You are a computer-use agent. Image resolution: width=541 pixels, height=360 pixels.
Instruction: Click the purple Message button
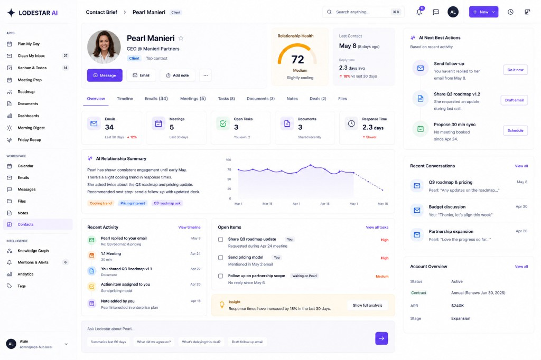pyautogui.click(x=105, y=75)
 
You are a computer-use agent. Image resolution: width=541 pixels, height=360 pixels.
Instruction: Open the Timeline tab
pyautogui.click(x=125, y=99)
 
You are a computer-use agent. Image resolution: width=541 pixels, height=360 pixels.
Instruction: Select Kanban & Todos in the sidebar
pyautogui.click(x=32, y=68)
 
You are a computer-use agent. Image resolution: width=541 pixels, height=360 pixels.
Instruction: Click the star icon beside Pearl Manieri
pyautogui.click(x=181, y=39)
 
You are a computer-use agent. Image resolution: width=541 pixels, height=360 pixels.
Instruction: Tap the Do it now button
pyautogui.click(x=515, y=70)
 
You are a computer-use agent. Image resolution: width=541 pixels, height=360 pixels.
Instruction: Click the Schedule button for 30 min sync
pyautogui.click(x=515, y=131)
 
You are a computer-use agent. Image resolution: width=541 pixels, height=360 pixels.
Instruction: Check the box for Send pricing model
pyautogui.click(x=220, y=258)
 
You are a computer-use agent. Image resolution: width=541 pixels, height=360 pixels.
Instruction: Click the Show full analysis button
pyautogui.click(x=368, y=306)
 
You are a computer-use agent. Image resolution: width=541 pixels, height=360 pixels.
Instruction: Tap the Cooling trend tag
pyautogui.click(x=101, y=203)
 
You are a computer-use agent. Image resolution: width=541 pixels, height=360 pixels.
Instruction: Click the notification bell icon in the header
pyautogui.click(x=419, y=12)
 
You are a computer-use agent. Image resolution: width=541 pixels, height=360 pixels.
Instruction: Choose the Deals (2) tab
pyautogui.click(x=318, y=99)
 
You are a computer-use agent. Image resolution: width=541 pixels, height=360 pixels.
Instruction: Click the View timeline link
pyautogui.click(x=190, y=227)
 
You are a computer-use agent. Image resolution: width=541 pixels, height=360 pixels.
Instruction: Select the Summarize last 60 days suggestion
pyautogui.click(x=108, y=342)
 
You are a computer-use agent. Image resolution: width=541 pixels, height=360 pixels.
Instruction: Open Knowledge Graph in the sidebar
pyautogui.click(x=33, y=251)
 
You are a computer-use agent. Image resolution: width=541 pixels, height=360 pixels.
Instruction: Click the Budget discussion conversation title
pyautogui.click(x=447, y=207)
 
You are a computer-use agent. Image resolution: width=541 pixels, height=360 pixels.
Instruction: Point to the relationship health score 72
pyautogui.click(x=297, y=60)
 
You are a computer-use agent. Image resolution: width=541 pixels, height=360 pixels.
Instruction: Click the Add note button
pyautogui.click(x=178, y=75)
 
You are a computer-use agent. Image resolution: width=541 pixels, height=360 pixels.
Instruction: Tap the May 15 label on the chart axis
pyautogui.click(x=383, y=204)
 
